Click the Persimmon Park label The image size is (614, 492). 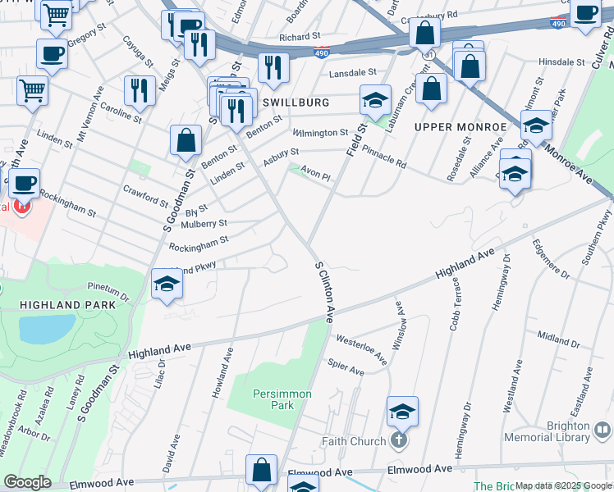coord(282,399)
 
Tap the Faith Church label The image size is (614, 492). coord(353,441)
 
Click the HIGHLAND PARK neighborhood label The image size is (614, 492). coord(62,305)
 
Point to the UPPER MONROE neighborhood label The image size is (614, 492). coord(460,127)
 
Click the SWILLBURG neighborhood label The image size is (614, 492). coord(296,102)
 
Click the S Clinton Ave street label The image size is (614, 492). coord(324,291)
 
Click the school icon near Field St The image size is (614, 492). coord(374,102)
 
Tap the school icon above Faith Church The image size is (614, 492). coord(402,411)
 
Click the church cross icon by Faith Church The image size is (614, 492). coord(398,441)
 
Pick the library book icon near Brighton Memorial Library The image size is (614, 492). coord(603,429)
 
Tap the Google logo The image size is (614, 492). coord(27,482)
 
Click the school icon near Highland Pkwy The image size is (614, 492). coord(167,284)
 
